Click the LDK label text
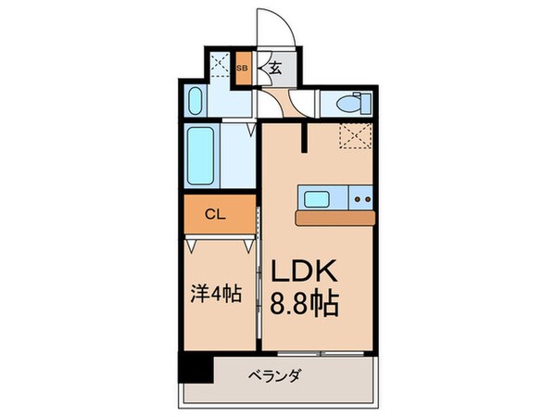pyautogui.click(x=309, y=271)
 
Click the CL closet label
pyautogui.click(x=214, y=214)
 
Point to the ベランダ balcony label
pyautogui.click(x=275, y=377)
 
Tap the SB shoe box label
pyautogui.click(x=243, y=69)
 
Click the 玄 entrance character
pyautogui.click(x=275, y=68)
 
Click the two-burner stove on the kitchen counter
pyautogui.click(x=361, y=197)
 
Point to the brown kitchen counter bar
pyautogui.click(x=335, y=217)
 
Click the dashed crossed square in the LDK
pyautogui.click(x=353, y=135)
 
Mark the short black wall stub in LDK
pyautogui.click(x=304, y=137)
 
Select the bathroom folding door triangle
pyautogui.click(x=253, y=129)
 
